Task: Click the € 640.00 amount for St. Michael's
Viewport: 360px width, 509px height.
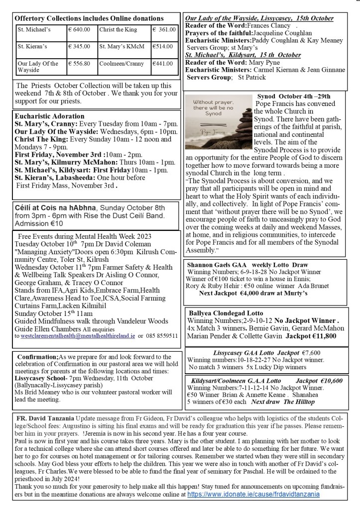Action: pyautogui.click(x=80, y=30)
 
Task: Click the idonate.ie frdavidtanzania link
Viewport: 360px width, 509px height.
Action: pyautogui.click(x=254, y=494)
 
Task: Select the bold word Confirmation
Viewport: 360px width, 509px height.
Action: pyautogui.click(x=38, y=357)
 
